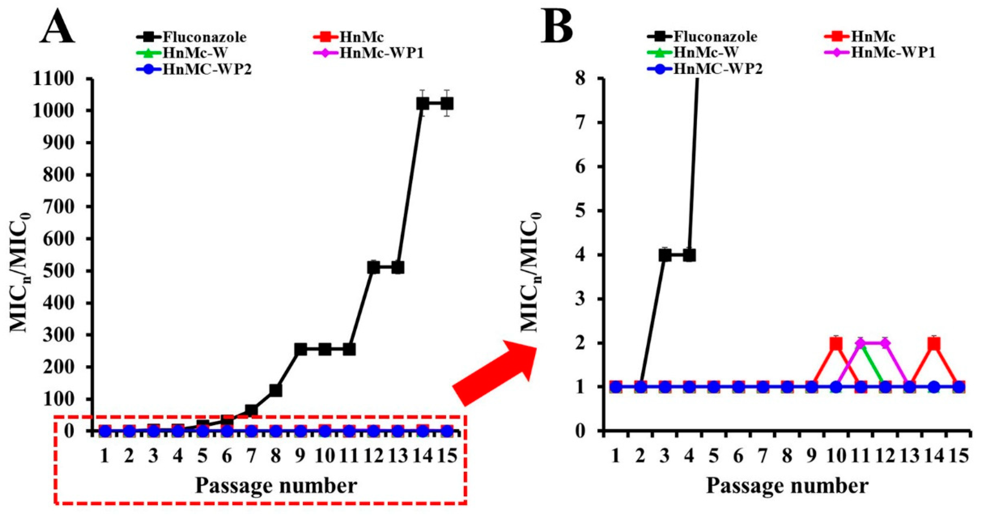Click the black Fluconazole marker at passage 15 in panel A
click(446, 103)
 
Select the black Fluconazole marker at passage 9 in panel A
click(300, 349)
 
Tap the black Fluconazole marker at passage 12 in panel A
click(373, 268)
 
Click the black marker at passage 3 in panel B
click(665, 255)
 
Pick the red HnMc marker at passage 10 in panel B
click(836, 344)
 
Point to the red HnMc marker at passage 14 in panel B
click(934, 344)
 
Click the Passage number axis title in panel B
click(787, 486)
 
